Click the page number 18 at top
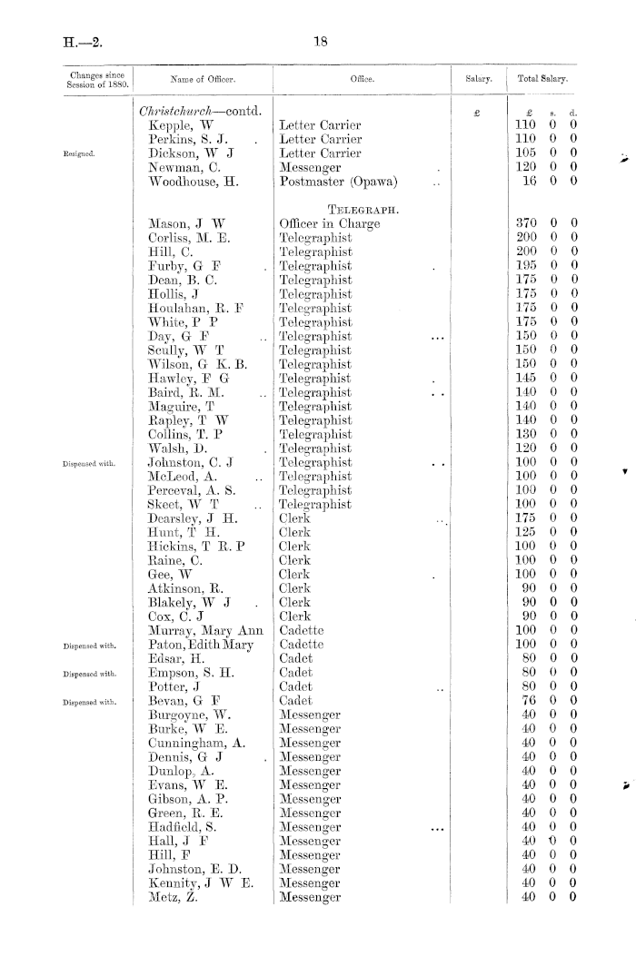coord(318,40)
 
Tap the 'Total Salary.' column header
coord(542,80)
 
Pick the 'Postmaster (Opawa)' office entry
coord(333,183)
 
